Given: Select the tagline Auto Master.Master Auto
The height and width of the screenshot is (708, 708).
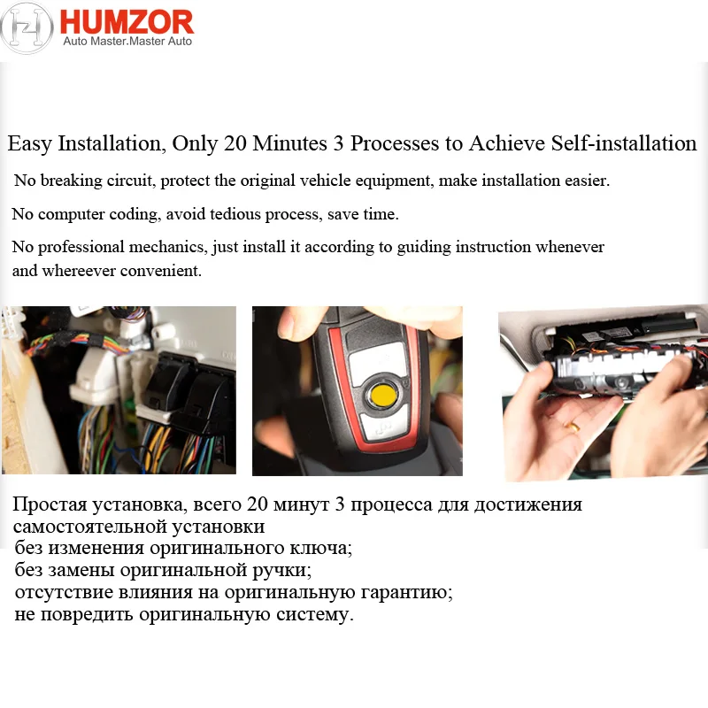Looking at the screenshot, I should [127, 42].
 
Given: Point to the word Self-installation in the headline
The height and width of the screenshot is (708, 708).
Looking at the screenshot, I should [624, 143].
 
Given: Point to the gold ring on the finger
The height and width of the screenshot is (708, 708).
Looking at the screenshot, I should [574, 427].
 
